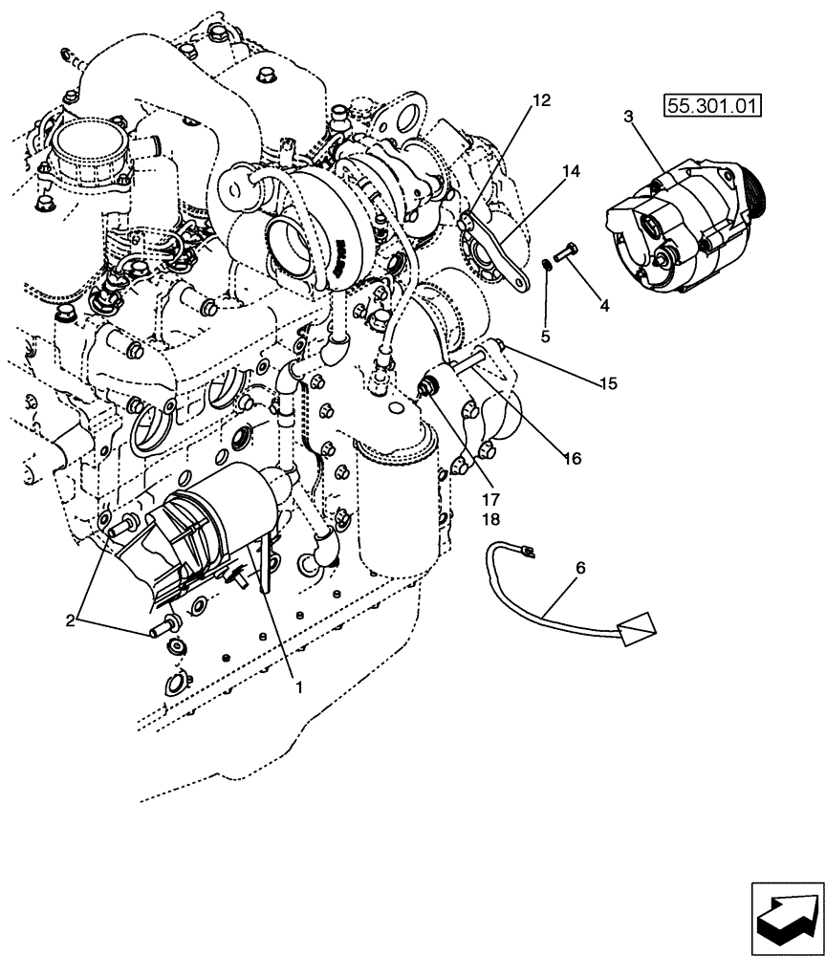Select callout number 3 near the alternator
627,117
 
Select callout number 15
608,383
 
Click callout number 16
572,458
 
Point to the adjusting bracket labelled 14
498,252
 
